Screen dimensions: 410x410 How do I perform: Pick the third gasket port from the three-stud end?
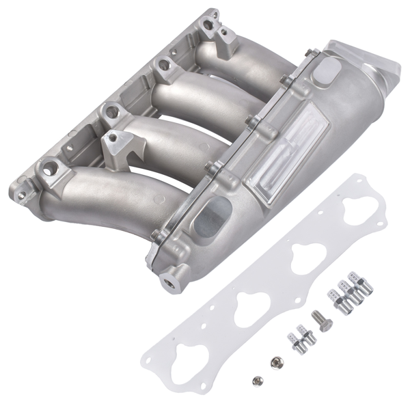[249, 306]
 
